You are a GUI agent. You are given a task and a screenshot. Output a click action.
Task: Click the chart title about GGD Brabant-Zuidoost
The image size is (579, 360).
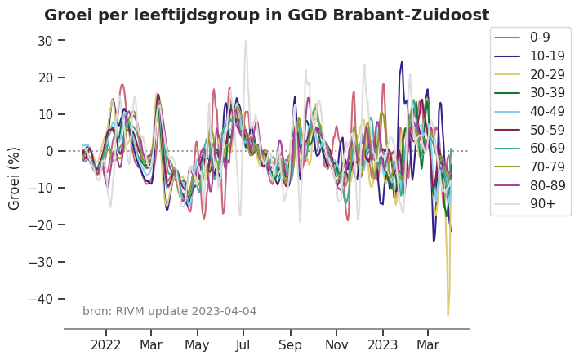266,16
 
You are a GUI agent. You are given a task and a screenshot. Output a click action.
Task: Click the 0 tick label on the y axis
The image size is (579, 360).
50,151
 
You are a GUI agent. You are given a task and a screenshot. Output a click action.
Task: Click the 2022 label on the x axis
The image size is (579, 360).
106,345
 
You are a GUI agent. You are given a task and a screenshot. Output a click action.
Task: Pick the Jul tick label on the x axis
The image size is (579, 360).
243,345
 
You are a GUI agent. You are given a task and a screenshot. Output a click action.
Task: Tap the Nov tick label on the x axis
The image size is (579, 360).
336,345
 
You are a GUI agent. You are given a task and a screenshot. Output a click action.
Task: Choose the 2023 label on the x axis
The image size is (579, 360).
383,345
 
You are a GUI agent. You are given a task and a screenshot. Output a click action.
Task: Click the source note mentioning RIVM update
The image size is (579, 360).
169,311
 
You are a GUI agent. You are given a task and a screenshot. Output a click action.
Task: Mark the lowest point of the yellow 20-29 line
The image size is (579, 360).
448,314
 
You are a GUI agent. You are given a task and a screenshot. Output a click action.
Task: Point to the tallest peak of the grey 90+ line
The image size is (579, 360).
245,41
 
